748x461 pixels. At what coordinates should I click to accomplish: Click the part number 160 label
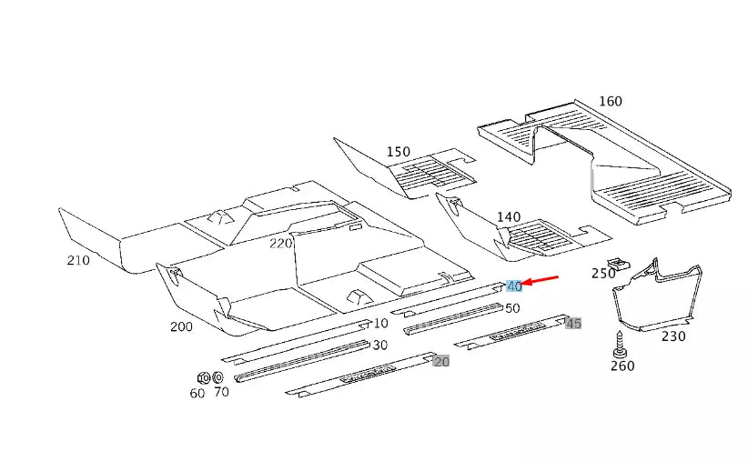click(x=610, y=101)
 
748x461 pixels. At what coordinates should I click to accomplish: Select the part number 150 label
click(x=399, y=152)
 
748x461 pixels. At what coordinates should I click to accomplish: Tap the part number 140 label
click(x=508, y=217)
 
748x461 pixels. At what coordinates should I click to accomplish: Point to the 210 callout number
click(x=78, y=261)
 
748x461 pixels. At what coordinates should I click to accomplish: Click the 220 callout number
click(x=280, y=243)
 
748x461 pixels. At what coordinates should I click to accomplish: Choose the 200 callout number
click(x=180, y=326)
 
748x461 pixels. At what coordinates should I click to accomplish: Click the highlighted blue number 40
click(x=514, y=286)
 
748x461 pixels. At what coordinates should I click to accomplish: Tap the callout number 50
click(x=512, y=308)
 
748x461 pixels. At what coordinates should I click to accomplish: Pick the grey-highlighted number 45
click(x=573, y=324)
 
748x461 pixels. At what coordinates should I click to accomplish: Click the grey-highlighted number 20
click(x=441, y=361)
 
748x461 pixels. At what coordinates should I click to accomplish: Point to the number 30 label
click(x=379, y=345)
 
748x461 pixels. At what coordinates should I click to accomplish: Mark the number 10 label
click(x=380, y=323)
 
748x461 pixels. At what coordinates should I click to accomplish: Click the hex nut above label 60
click(x=204, y=377)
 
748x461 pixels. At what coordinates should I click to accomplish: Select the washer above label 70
click(x=218, y=377)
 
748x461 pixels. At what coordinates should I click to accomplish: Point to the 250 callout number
click(x=602, y=273)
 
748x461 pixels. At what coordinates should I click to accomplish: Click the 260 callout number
click(x=622, y=366)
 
